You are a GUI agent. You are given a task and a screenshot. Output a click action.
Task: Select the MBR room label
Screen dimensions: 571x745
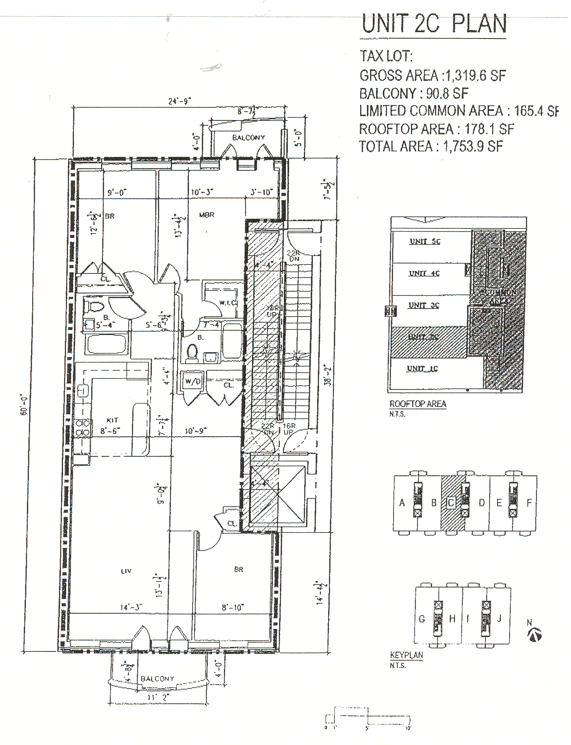click(x=206, y=214)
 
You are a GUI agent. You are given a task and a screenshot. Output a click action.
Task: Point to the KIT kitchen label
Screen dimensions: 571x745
click(x=113, y=420)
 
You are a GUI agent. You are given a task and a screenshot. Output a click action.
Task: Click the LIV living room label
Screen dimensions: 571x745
click(x=126, y=571)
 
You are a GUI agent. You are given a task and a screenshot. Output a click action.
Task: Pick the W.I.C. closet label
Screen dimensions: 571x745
click(x=227, y=303)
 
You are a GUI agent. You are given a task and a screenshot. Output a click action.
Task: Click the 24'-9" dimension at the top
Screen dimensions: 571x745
click(x=180, y=101)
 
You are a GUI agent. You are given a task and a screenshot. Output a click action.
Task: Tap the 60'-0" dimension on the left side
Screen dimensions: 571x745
click(x=25, y=406)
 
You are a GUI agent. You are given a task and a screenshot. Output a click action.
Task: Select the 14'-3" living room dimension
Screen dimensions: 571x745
click(x=131, y=607)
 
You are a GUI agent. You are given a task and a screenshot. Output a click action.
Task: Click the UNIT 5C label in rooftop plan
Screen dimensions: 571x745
click(x=425, y=241)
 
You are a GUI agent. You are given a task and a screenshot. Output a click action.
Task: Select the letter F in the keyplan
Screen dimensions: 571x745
click(x=529, y=503)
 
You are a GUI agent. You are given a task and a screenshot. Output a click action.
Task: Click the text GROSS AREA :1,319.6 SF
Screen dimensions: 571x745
click(x=433, y=75)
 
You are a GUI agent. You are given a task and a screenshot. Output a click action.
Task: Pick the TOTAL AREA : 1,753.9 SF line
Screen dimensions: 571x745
click(x=431, y=147)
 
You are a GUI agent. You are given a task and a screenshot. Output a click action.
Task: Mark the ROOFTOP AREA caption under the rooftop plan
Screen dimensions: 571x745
click(x=418, y=404)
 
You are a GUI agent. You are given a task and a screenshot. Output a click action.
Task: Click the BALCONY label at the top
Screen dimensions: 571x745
click(x=248, y=138)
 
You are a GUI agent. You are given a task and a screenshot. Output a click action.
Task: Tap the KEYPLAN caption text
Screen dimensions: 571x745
click(x=407, y=655)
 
